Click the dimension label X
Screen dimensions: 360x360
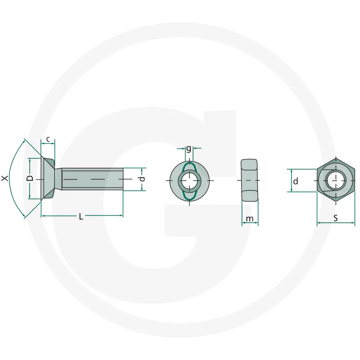pyautogui.click(x=4, y=178)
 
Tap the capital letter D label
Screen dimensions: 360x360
pyautogui.click(x=30, y=178)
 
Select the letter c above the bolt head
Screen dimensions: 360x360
pyautogui.click(x=48, y=139)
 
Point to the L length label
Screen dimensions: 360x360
pyautogui.click(x=81, y=216)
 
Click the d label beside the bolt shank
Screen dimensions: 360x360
pyautogui.click(x=142, y=179)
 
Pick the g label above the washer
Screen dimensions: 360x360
pyautogui.click(x=189, y=149)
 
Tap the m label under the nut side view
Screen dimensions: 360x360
pyautogui.click(x=250, y=219)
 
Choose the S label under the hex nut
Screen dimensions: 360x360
pyautogui.click(x=336, y=218)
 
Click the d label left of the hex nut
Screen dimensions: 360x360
pyautogui.click(x=296, y=181)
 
